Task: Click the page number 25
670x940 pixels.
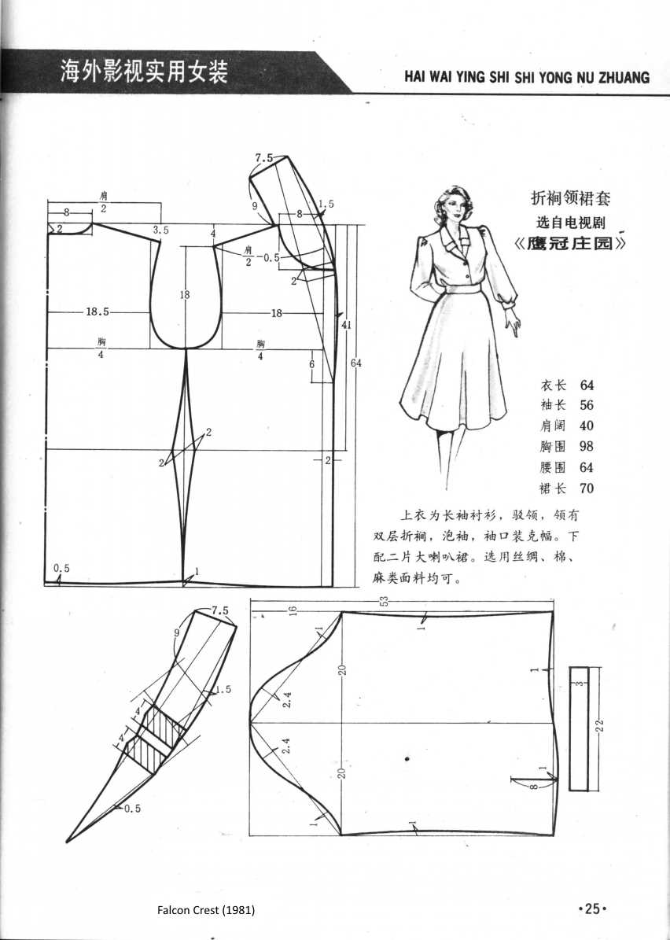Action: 593,909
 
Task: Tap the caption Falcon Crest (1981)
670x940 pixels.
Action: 206,910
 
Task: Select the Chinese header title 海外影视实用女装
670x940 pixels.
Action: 145,73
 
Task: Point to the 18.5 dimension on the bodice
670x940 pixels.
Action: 98,312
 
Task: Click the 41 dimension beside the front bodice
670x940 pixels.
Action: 346,324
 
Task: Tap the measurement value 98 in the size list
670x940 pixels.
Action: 587,447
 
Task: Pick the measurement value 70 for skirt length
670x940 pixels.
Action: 587,488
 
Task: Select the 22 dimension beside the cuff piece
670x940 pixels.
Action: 600,726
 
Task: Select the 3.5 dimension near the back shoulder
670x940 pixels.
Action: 161,230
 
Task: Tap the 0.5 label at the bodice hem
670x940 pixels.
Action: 61,569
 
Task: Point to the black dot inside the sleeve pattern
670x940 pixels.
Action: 407,758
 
